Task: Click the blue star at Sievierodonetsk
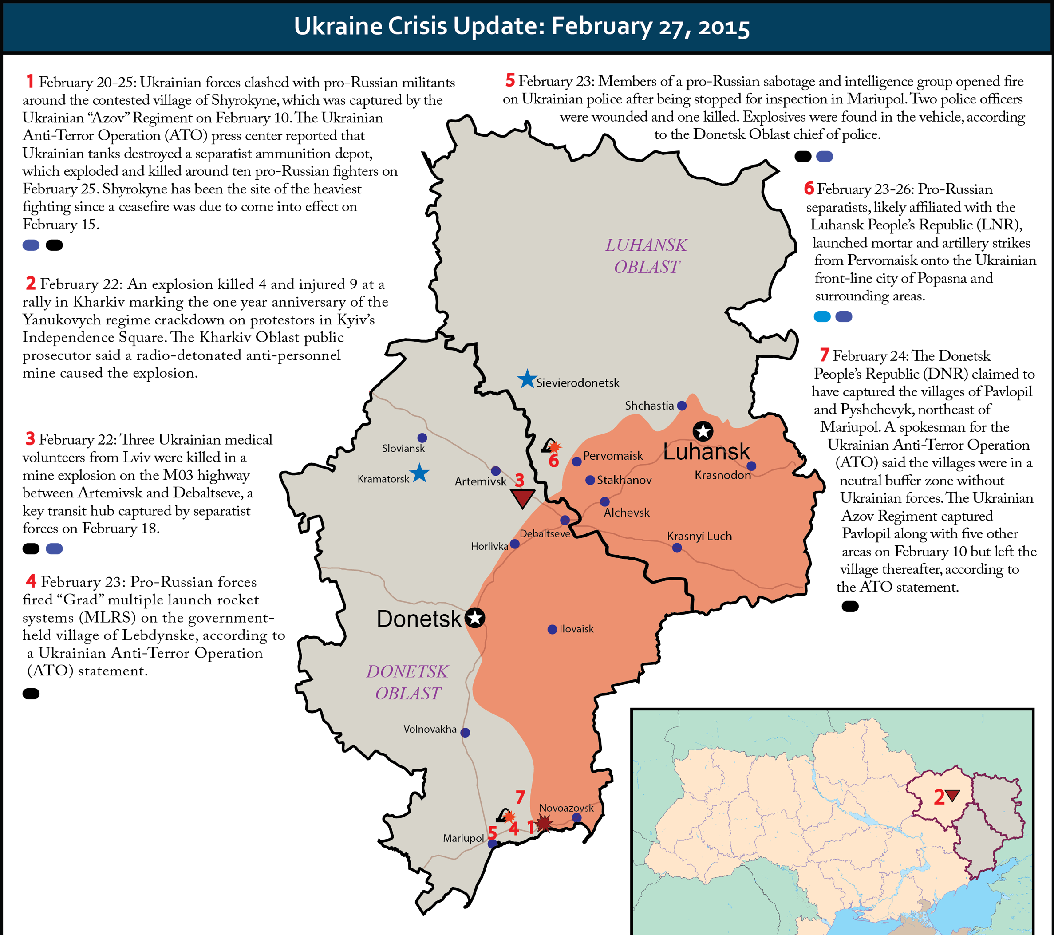point(526,379)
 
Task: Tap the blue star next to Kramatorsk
point(419,473)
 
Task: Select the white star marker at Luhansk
point(703,430)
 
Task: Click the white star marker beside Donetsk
point(475,617)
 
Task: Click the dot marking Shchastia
point(682,406)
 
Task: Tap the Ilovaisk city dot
point(552,629)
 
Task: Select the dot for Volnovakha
point(465,732)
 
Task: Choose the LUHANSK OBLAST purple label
point(646,256)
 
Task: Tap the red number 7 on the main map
point(520,798)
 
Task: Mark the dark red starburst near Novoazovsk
point(544,823)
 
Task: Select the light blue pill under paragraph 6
point(822,317)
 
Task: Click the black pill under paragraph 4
point(31,694)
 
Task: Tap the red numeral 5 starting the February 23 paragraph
point(510,80)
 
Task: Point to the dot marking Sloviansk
point(422,438)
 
